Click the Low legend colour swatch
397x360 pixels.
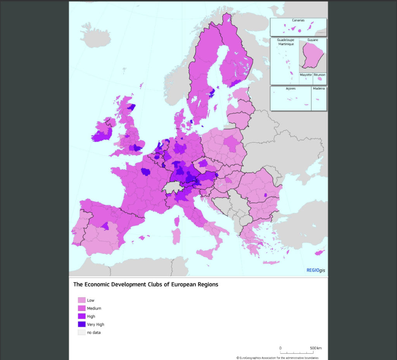pos(81,300)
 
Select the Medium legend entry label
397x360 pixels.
pos(94,308)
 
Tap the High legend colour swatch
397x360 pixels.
pos(81,316)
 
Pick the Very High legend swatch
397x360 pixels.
pos(81,324)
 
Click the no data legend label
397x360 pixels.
pos(94,332)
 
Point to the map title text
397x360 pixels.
pos(146,284)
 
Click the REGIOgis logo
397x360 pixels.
pos(316,270)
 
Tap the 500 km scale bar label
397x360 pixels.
pos(316,348)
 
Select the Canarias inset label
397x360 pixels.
pos(298,20)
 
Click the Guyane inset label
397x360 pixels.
pos(312,40)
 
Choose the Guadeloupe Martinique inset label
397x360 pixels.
pos(285,42)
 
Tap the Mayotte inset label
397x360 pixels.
pos(306,74)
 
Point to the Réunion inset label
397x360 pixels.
pos(320,74)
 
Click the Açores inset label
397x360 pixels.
pos(291,89)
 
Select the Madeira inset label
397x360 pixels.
pos(319,89)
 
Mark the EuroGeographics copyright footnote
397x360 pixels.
pos(277,358)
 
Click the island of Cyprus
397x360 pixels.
pos(319,253)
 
